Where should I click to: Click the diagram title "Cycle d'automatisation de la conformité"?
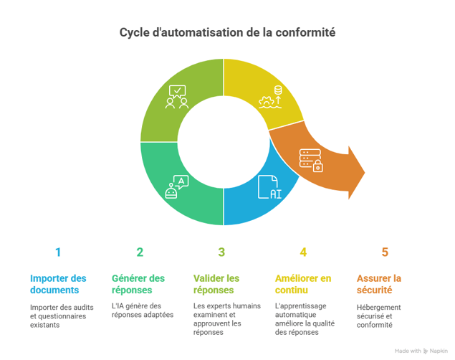tap(226, 33)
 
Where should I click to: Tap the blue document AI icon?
tap(269, 186)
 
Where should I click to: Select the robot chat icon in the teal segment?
tap(176, 186)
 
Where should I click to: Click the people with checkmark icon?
tap(177, 97)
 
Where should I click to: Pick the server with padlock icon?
tap(311, 160)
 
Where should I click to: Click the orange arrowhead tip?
tap(363, 172)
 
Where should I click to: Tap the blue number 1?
tap(58, 252)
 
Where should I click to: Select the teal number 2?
tap(140, 252)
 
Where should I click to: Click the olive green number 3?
tap(221, 252)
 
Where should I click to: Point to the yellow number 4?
tap(303, 252)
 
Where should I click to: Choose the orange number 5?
tap(385, 252)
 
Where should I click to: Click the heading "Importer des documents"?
tap(58, 284)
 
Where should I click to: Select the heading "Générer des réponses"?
tap(138, 284)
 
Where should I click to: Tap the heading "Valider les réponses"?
tap(216, 284)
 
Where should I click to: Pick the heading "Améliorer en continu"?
tap(303, 284)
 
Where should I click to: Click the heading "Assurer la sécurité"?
tap(379, 284)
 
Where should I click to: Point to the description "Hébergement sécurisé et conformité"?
tap(379, 316)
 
